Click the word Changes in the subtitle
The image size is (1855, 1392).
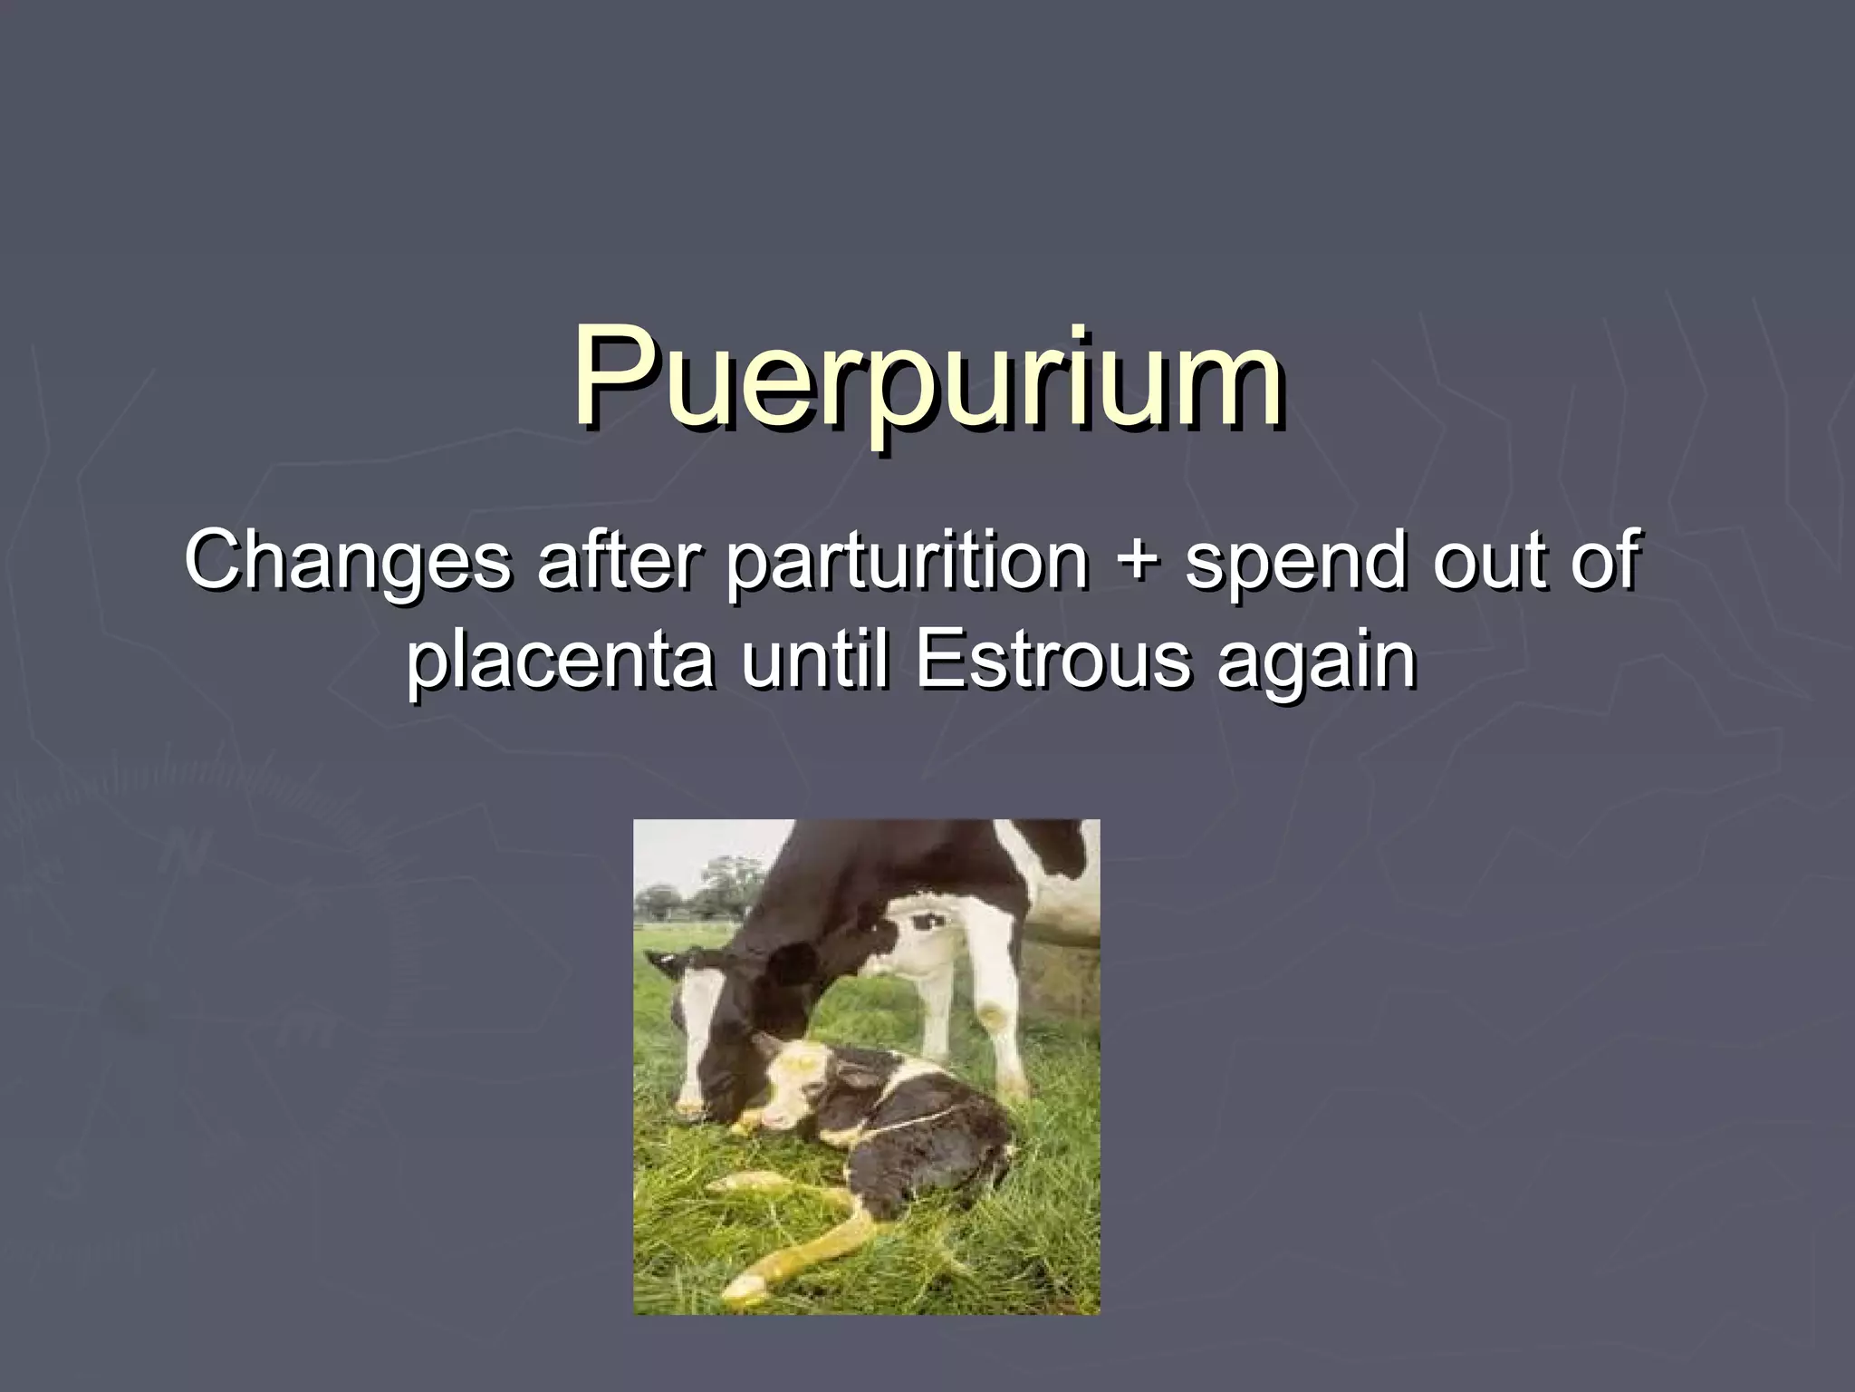(349, 561)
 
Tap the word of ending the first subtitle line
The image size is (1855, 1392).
(1605, 561)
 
